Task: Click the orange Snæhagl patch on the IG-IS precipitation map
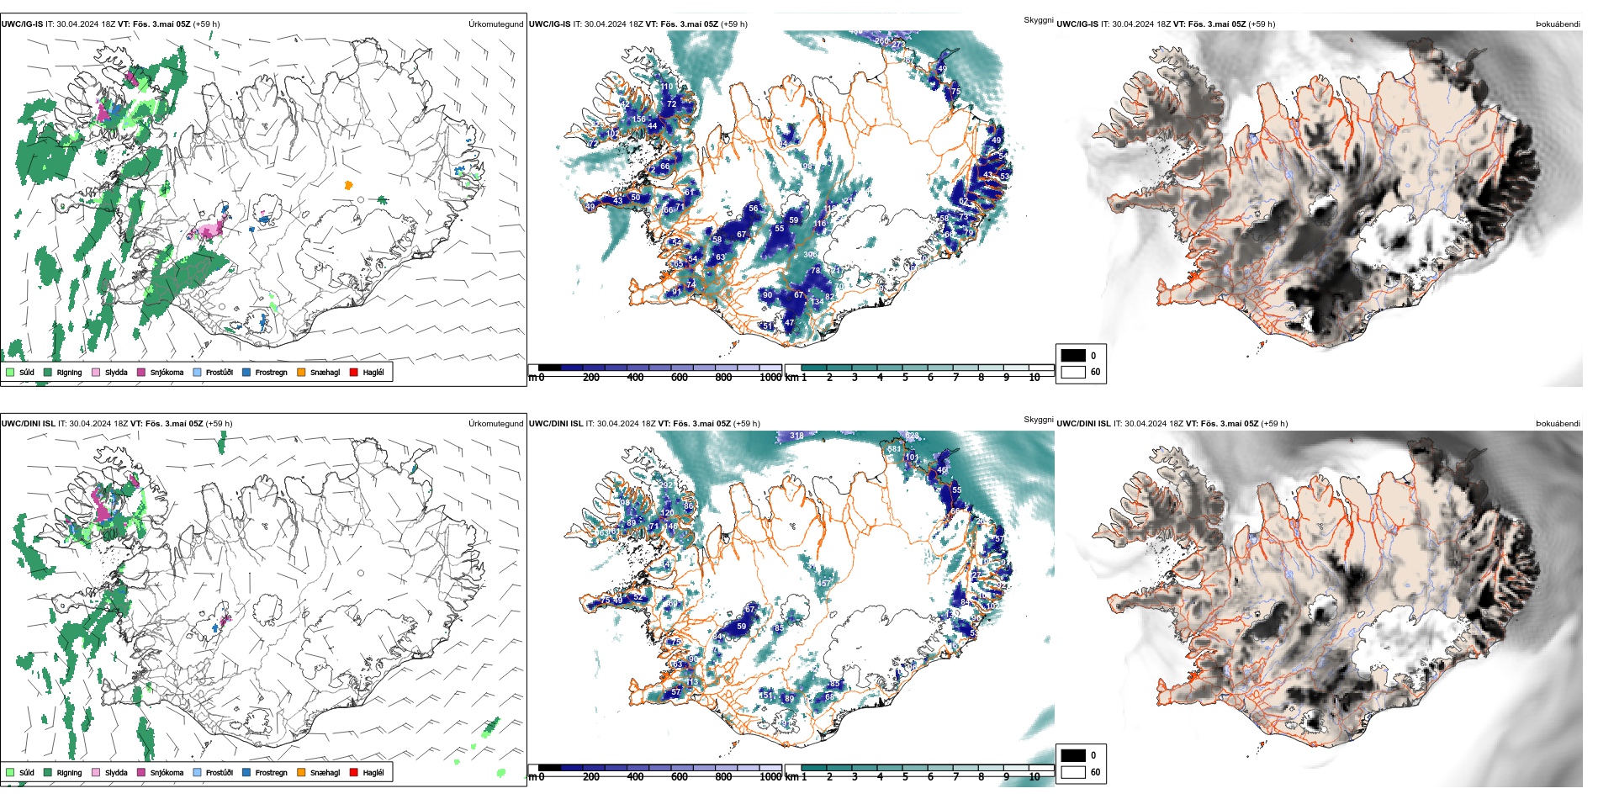click(348, 185)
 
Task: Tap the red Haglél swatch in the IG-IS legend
click(354, 372)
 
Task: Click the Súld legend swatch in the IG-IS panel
click(10, 372)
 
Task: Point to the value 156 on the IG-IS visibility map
click(639, 119)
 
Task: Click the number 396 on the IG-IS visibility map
click(810, 255)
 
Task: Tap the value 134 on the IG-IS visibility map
click(817, 301)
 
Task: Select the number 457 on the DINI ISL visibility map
click(823, 583)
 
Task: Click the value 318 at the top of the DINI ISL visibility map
click(796, 436)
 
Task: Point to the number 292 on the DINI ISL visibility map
click(666, 485)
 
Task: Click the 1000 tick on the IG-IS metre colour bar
click(770, 378)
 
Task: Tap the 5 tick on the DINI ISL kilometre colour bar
click(905, 777)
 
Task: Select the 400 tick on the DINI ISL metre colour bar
click(635, 777)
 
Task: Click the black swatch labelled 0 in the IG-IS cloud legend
click(1073, 356)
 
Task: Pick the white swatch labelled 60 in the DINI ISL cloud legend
click(1073, 771)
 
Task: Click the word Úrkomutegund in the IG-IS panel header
click(495, 24)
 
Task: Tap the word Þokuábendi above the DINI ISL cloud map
click(1558, 424)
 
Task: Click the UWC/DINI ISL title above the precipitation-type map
click(28, 424)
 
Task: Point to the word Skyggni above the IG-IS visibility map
click(1038, 20)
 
